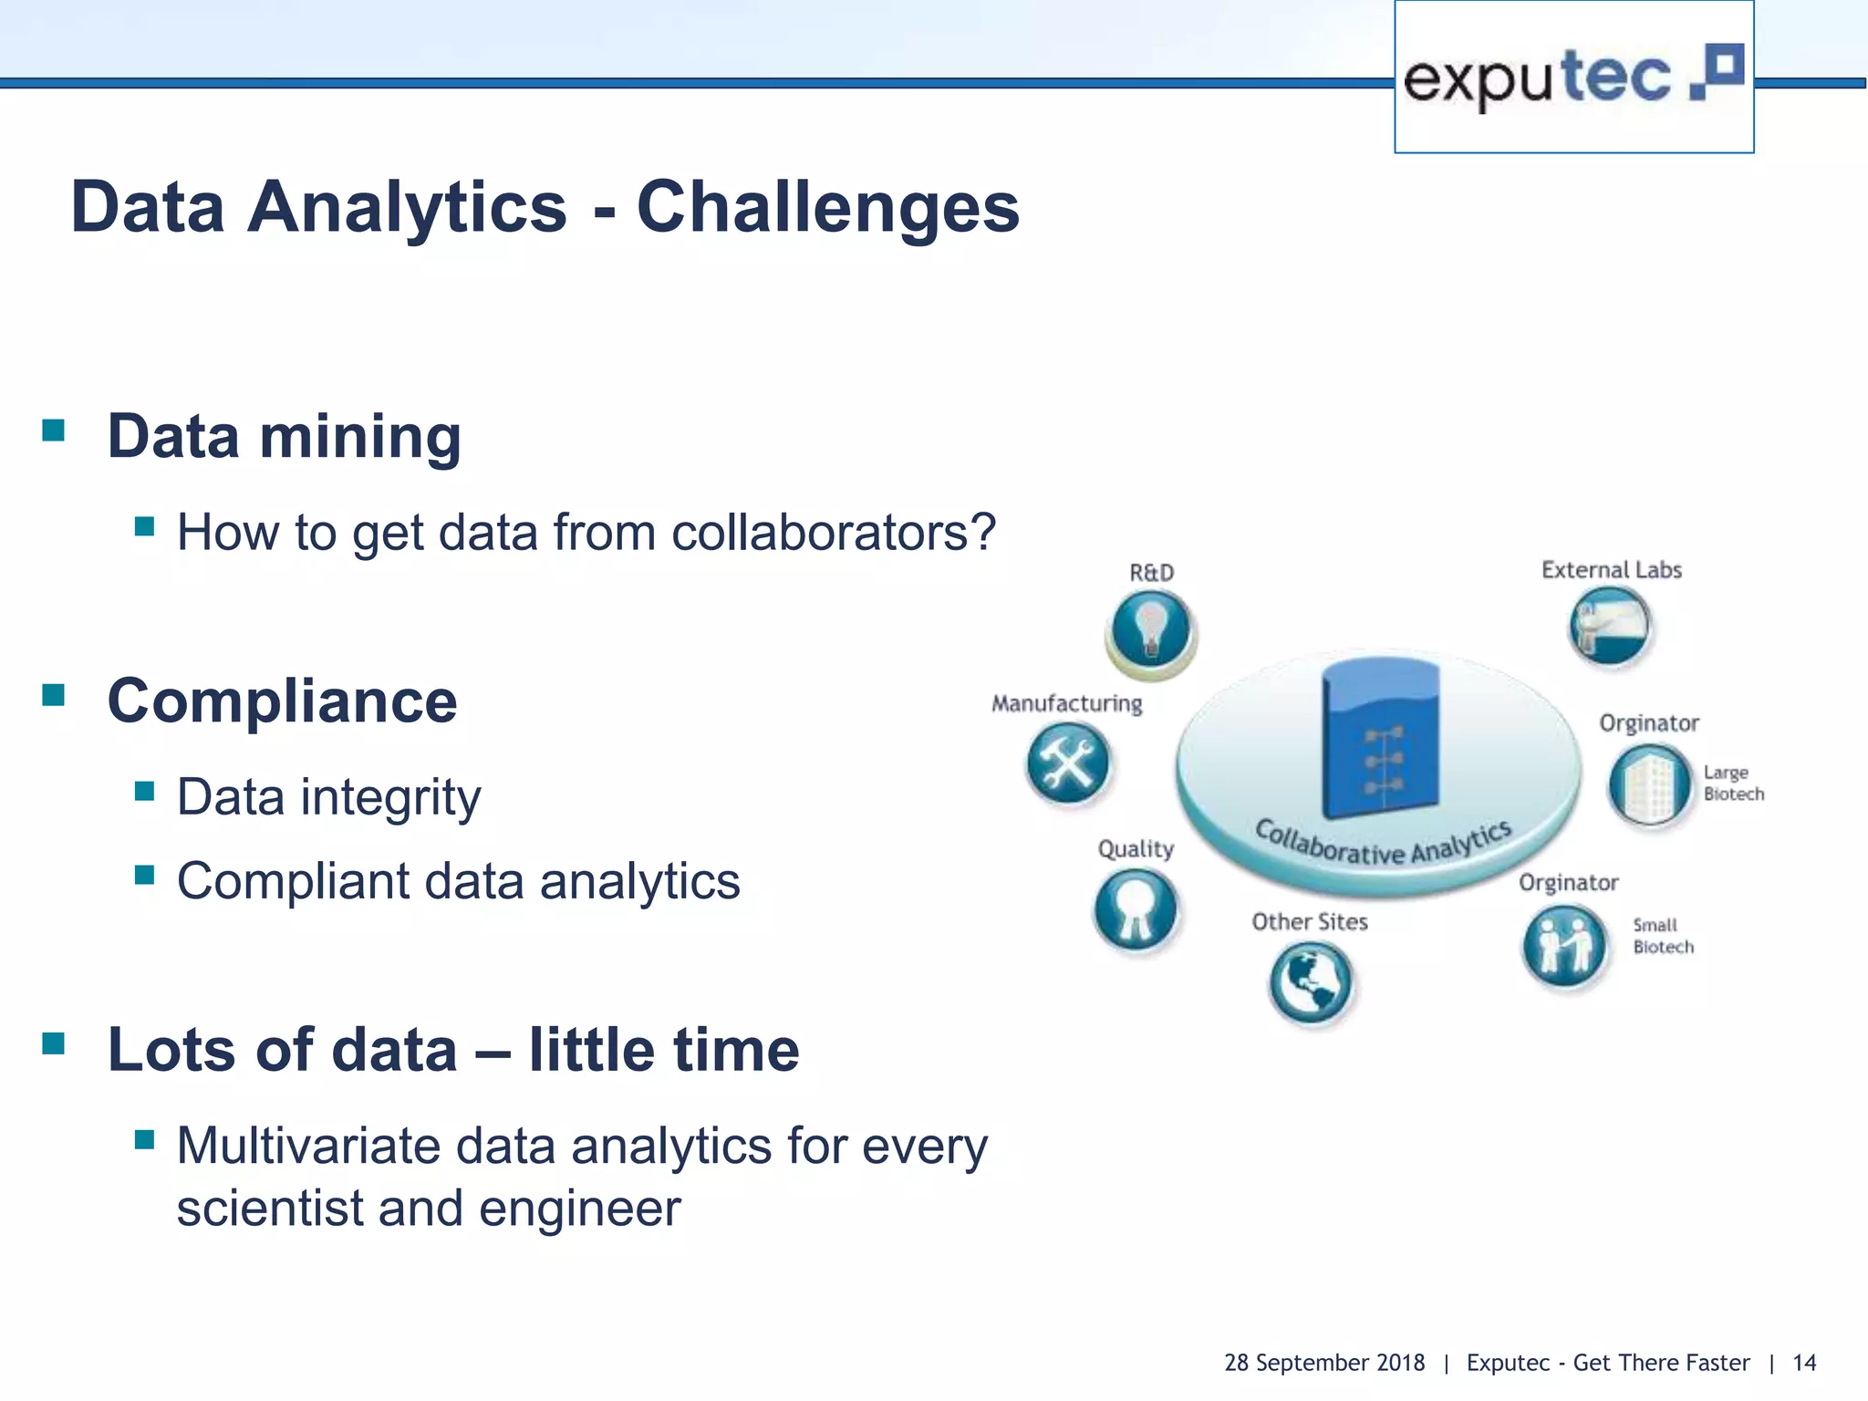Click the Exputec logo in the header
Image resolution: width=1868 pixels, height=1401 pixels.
click(x=1572, y=78)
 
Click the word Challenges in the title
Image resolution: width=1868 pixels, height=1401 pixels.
click(x=827, y=208)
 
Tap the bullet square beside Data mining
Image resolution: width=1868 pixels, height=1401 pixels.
click(x=54, y=430)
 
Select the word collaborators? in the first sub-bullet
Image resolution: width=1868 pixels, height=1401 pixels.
click(x=833, y=533)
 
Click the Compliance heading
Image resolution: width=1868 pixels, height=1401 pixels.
click(x=282, y=701)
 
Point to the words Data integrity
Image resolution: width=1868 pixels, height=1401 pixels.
click(x=328, y=798)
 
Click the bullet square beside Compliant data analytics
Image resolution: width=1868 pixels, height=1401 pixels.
click(x=144, y=876)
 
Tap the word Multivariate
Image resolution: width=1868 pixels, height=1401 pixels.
click(x=308, y=1147)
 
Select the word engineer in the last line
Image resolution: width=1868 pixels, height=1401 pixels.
click(x=579, y=1209)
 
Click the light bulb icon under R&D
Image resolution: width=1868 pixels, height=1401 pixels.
click(x=1151, y=631)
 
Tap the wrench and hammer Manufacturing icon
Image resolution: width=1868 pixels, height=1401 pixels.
click(x=1067, y=763)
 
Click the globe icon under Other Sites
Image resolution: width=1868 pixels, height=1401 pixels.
click(x=1310, y=982)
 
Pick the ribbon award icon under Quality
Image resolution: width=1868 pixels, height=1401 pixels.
click(x=1136, y=909)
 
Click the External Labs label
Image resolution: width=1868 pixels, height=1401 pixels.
click(x=1611, y=570)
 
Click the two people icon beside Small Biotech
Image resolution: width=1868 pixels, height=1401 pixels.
click(x=1563, y=945)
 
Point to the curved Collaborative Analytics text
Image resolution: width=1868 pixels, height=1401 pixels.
click(x=1383, y=845)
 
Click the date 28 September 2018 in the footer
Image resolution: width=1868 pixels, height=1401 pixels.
click(x=1323, y=1363)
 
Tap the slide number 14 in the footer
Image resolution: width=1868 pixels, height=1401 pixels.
click(x=1803, y=1363)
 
